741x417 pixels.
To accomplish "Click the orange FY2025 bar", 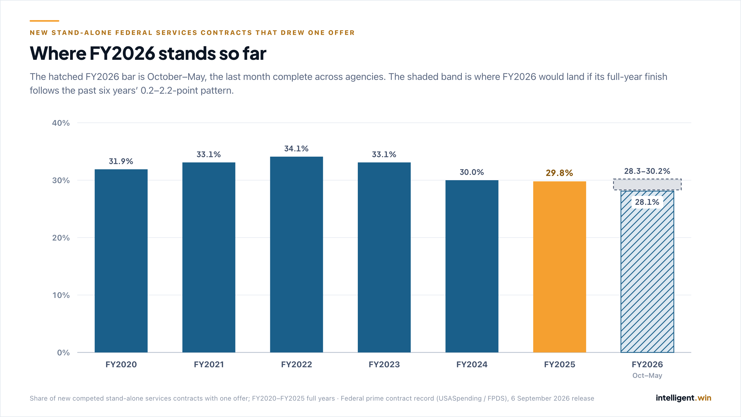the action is [x=559, y=267].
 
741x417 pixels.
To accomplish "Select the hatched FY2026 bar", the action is [x=647, y=271].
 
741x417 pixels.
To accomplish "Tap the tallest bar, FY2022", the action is [x=296, y=255].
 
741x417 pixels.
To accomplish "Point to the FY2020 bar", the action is [x=121, y=261].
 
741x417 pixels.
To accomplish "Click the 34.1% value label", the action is [x=296, y=149].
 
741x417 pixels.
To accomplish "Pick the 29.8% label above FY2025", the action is [x=559, y=173].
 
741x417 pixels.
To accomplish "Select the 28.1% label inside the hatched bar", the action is [x=647, y=202].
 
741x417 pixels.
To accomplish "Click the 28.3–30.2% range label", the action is [x=647, y=171].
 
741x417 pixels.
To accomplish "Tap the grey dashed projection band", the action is [x=647, y=184].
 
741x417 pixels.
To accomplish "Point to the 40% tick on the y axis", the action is [x=61, y=123].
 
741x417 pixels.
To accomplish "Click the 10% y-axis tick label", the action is [x=61, y=295].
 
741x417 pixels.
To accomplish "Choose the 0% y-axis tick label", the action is [x=63, y=353].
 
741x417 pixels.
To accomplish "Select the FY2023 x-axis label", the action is [x=384, y=365].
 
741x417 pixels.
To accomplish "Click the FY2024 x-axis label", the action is [x=472, y=365].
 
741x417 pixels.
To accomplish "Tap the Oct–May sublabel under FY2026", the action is [x=647, y=375].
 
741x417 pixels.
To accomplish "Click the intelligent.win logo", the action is [x=684, y=398].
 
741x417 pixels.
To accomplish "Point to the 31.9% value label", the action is [x=121, y=161].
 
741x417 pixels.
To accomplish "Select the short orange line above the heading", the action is [x=44, y=21].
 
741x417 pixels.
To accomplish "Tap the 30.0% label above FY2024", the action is [x=472, y=172].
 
